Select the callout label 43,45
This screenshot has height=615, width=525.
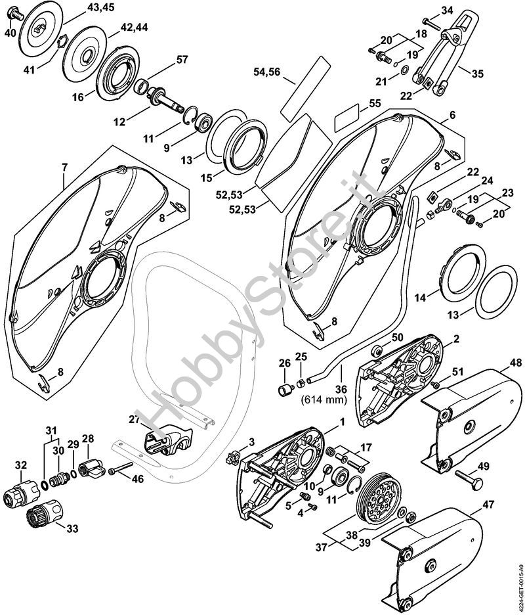[x=100, y=9]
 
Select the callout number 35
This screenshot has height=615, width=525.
[x=477, y=74]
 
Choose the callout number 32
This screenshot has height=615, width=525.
[x=22, y=465]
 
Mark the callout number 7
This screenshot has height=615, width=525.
[x=65, y=166]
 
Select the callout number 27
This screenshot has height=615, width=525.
[x=135, y=419]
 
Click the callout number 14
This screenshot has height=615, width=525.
[x=419, y=298]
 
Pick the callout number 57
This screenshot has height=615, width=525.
[x=181, y=59]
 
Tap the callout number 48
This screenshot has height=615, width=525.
[x=515, y=363]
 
